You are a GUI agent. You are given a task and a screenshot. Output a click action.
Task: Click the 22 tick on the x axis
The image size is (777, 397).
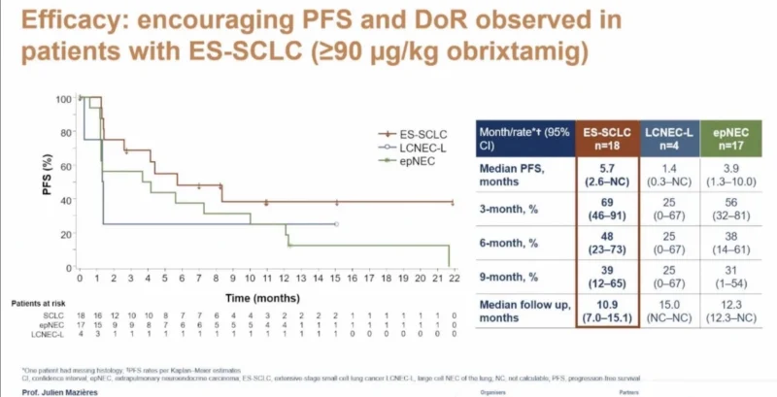454,278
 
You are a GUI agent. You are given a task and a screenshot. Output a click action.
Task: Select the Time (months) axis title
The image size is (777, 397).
263,292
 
